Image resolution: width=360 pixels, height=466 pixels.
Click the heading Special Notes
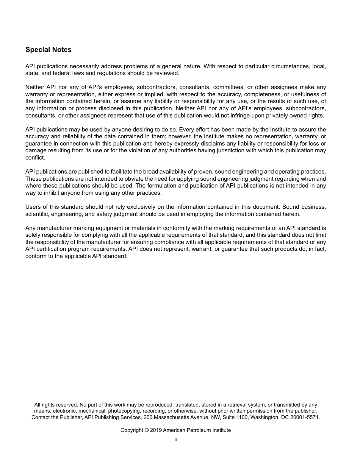pyautogui.click(x=48, y=50)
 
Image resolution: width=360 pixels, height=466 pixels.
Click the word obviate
pyautogui.click(x=135, y=179)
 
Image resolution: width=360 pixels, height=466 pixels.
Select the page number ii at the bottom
pyautogui.click(x=175, y=440)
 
